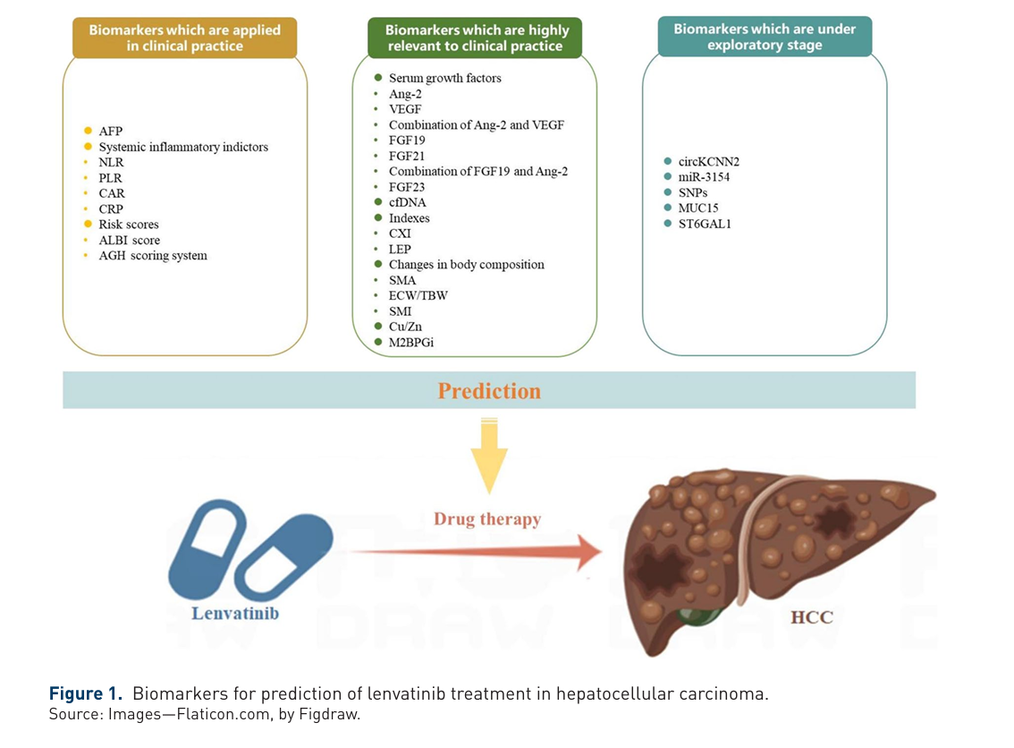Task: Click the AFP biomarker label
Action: coord(110,131)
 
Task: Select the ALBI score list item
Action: coord(129,240)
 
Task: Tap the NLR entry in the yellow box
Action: coord(111,162)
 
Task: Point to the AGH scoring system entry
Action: coord(152,256)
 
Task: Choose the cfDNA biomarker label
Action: coord(407,202)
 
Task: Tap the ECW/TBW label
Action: coord(418,295)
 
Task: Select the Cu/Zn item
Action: coord(407,327)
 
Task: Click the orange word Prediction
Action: coord(489,391)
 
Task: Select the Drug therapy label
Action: coord(487,519)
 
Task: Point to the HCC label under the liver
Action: coord(811,617)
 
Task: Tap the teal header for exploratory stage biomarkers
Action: coord(765,37)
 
